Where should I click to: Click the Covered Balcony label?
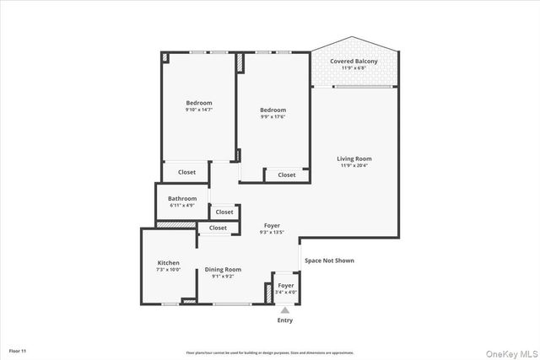pos(354,62)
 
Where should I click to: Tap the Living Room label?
pos(354,159)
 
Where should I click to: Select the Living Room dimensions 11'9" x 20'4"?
pos(354,165)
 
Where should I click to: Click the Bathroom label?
pos(182,198)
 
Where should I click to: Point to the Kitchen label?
pos(168,263)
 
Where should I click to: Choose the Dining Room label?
pos(223,269)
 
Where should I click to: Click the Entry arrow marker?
pos(285,311)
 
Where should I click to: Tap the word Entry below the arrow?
pos(285,321)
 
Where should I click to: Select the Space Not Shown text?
pos(329,261)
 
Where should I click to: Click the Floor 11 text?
pos(19,350)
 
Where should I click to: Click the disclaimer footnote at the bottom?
pos(270,352)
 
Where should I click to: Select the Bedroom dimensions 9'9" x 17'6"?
pos(273,117)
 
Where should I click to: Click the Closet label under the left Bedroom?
pos(186,172)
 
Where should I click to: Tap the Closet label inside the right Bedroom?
pos(287,175)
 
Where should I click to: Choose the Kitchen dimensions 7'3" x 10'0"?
pos(168,270)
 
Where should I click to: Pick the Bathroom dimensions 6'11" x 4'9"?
pos(182,205)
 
